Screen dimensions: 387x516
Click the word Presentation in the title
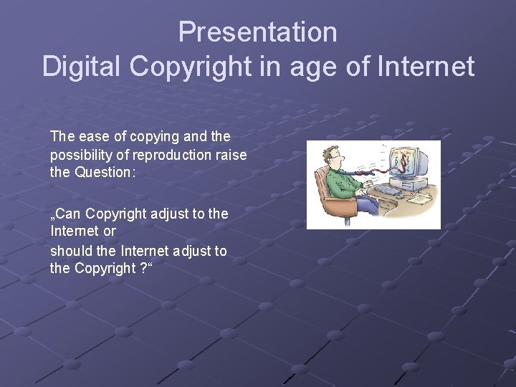[257, 32]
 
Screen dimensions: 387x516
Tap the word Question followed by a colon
[100, 172]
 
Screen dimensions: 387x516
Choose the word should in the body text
[70, 251]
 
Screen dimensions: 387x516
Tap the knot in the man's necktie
[343, 169]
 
